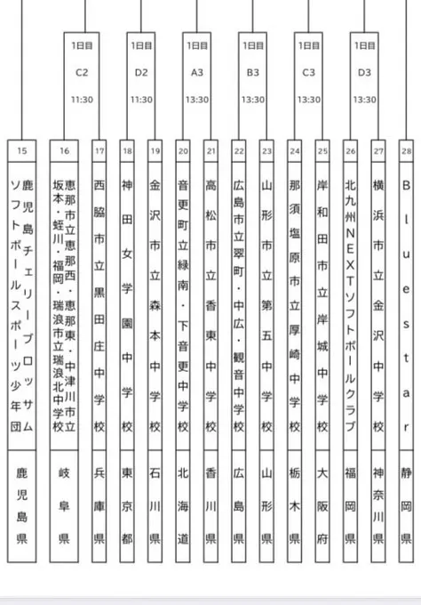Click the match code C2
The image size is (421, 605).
click(x=84, y=71)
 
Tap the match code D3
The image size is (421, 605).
click(x=364, y=71)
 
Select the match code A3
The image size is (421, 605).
click(x=196, y=71)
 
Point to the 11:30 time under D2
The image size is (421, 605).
click(x=140, y=100)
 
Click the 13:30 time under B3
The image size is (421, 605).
click(x=252, y=100)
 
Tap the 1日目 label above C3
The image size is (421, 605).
click(x=308, y=44)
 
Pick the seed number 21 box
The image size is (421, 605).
click(x=210, y=151)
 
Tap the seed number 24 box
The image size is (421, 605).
click(x=294, y=151)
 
